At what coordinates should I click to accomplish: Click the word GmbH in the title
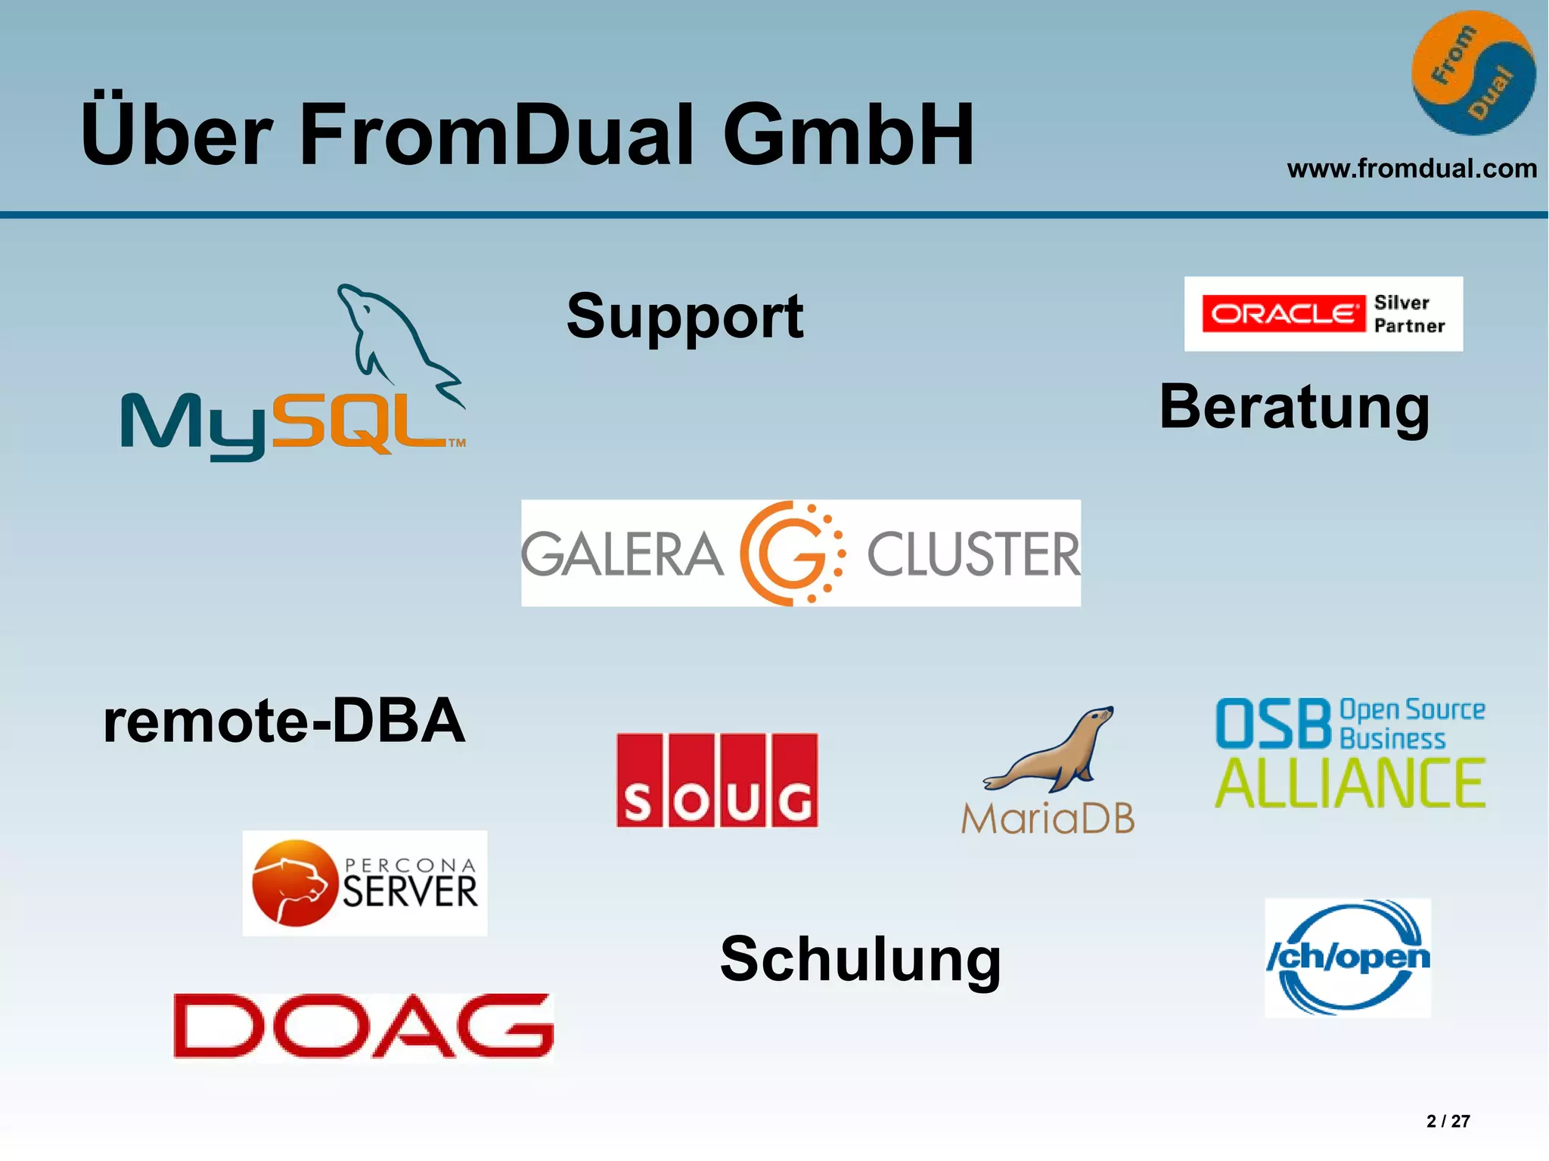(x=848, y=135)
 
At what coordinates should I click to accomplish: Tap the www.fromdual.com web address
(x=1411, y=168)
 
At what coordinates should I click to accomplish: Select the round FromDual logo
(x=1473, y=73)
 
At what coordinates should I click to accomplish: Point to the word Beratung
(x=1294, y=408)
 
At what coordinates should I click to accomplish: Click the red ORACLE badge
(x=1283, y=314)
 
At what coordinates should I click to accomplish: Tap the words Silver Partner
(x=1408, y=314)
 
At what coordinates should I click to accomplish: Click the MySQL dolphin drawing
(x=393, y=340)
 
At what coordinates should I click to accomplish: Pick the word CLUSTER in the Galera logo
(x=973, y=554)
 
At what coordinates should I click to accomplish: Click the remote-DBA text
(x=284, y=721)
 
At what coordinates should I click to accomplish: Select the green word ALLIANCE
(x=1350, y=784)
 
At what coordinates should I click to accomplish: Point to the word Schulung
(x=860, y=959)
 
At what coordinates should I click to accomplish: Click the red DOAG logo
(x=363, y=1026)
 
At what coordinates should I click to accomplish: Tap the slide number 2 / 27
(x=1448, y=1121)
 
